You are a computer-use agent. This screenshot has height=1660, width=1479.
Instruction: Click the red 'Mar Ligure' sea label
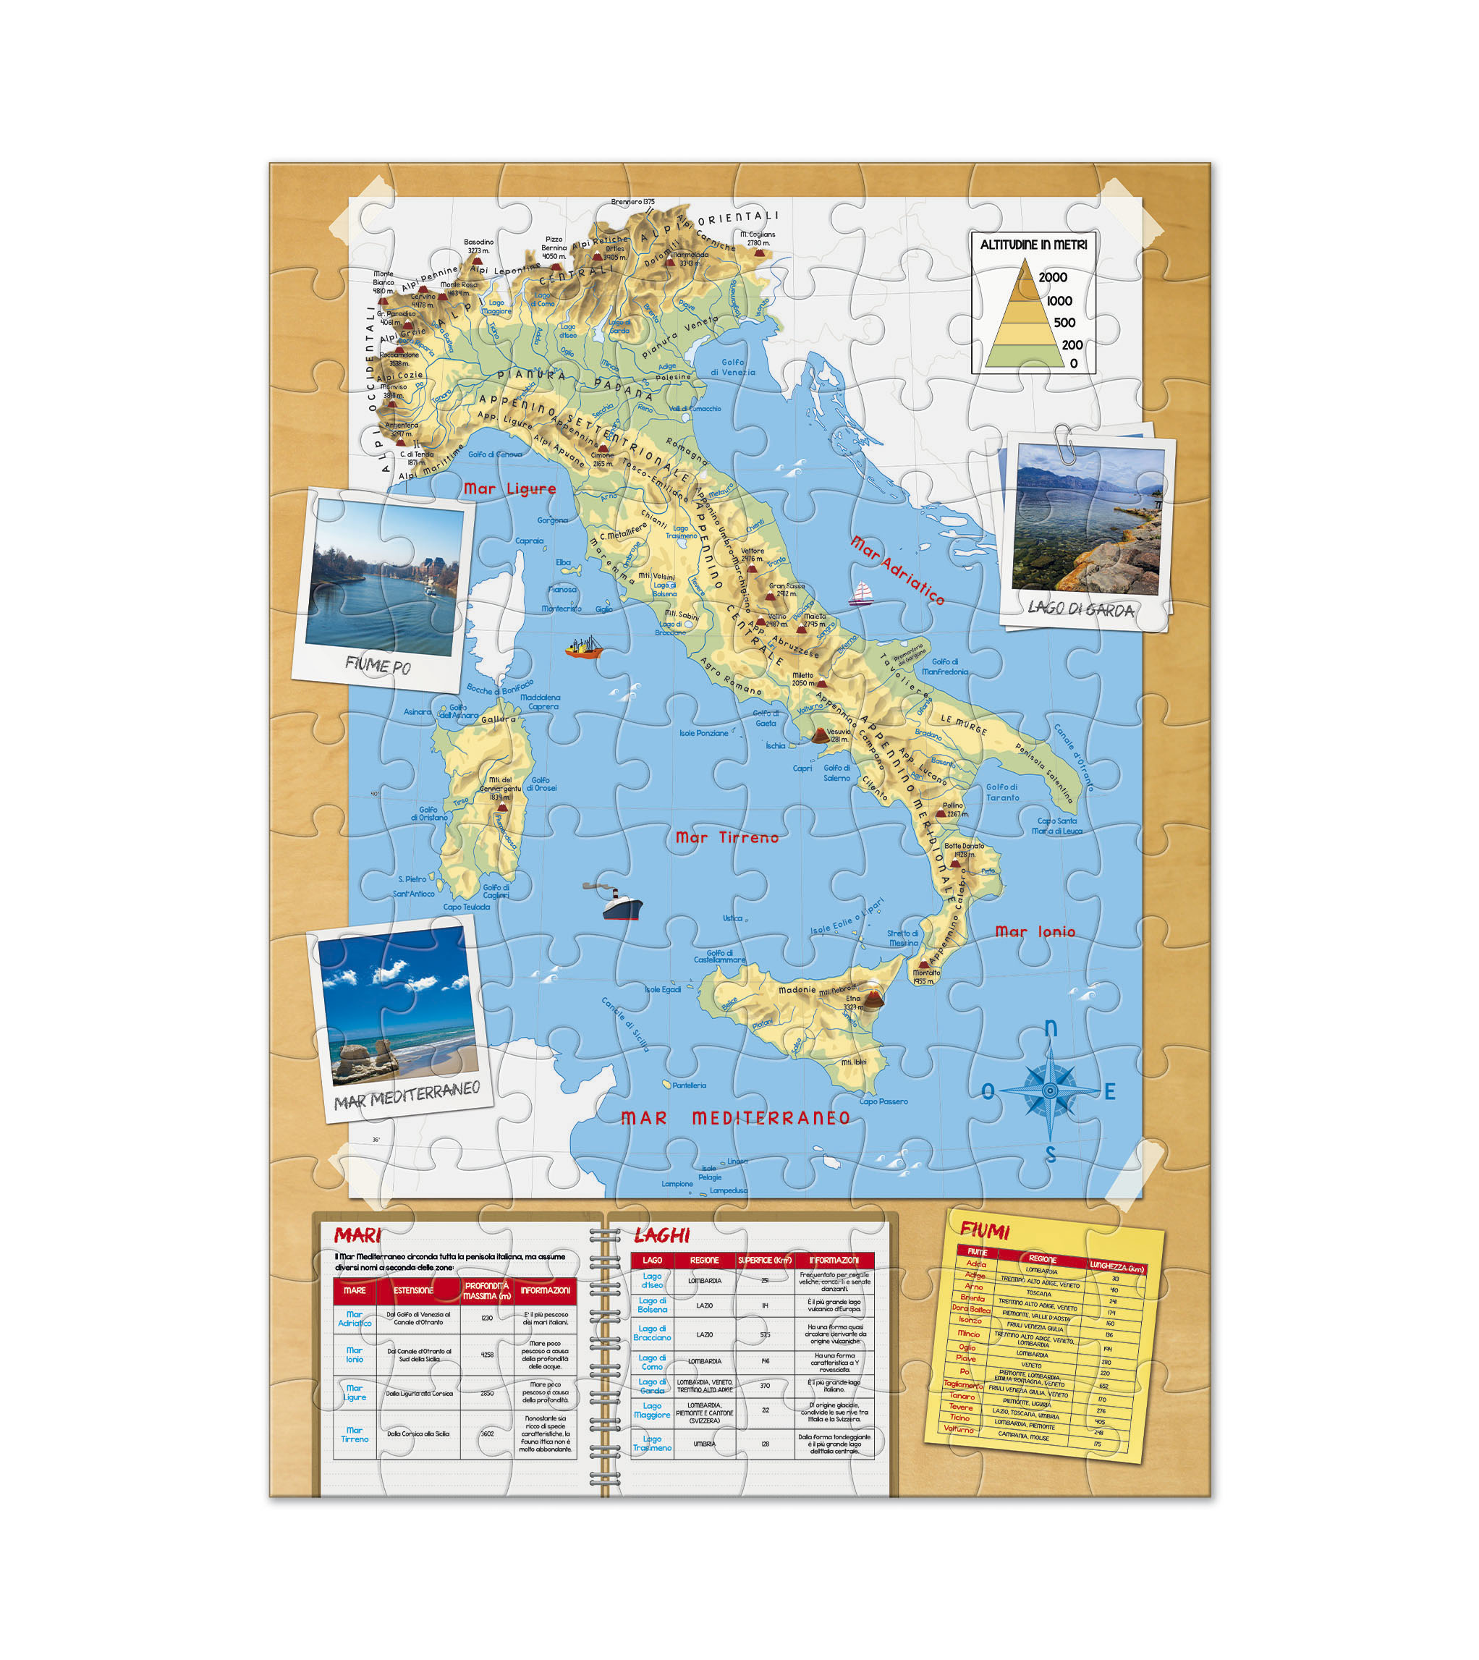point(509,488)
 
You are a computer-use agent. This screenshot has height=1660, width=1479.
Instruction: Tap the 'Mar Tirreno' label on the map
point(726,838)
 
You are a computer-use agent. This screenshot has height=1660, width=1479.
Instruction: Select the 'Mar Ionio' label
point(1035,932)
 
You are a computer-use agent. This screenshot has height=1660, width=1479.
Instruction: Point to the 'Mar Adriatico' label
point(897,570)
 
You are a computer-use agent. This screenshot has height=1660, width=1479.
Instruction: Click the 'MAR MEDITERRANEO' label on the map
point(735,1118)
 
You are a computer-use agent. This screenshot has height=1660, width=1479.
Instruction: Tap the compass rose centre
point(1050,1091)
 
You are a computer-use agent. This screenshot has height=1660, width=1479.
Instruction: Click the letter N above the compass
point(1050,1029)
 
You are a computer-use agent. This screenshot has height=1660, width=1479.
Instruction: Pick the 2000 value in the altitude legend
point(1052,277)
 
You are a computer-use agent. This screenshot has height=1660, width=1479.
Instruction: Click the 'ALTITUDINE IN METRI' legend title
point(1033,245)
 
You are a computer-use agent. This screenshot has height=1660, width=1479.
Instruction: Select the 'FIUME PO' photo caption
point(378,666)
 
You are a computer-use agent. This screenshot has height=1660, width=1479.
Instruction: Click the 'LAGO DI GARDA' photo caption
point(1080,609)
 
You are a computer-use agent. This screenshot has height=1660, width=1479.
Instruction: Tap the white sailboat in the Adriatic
point(860,594)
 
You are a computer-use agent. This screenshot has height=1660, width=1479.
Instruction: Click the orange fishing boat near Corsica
point(584,648)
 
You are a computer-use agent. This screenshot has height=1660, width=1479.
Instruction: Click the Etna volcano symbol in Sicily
point(873,999)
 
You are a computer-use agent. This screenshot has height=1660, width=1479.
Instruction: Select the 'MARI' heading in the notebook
point(357,1236)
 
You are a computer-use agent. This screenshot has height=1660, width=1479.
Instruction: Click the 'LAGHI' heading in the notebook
point(661,1236)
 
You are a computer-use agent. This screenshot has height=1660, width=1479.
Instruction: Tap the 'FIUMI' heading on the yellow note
point(984,1230)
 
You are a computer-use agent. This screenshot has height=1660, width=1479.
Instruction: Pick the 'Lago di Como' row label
point(652,1362)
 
